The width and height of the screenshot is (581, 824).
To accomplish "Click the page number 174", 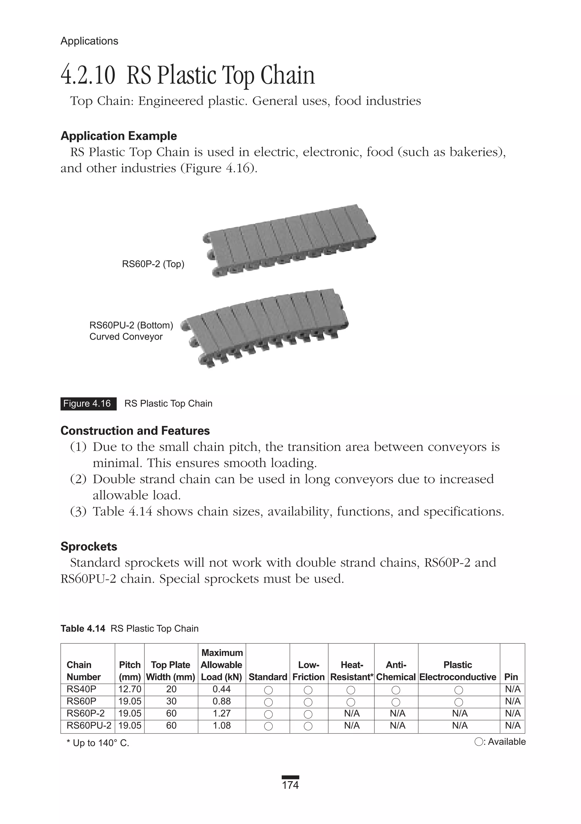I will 290,785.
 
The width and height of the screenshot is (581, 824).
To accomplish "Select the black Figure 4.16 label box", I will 88,404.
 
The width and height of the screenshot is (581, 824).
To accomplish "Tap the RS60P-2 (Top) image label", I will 153,264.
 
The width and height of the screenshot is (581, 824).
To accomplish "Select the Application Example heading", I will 118,136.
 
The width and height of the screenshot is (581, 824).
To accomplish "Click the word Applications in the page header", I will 89,41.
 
